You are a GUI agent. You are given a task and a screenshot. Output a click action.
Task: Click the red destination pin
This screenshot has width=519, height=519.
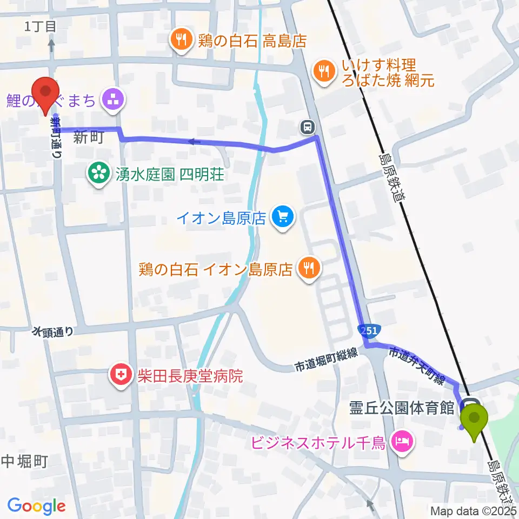[x=45, y=92]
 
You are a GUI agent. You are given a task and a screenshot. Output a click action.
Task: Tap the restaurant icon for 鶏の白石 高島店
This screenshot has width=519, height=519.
[x=180, y=40]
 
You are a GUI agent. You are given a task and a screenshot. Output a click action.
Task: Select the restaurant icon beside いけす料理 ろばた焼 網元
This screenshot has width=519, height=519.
[x=324, y=72]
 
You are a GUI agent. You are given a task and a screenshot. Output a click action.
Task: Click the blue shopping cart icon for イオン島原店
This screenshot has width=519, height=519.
[x=283, y=218]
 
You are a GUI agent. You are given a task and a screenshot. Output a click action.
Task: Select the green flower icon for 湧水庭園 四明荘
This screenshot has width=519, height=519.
[x=99, y=174]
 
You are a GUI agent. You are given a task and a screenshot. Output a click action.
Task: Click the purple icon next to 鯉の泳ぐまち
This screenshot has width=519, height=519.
[x=114, y=100]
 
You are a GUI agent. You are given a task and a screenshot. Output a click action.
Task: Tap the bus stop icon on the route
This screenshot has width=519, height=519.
[x=308, y=127]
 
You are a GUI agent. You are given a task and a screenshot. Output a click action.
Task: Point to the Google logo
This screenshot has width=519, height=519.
[x=36, y=506]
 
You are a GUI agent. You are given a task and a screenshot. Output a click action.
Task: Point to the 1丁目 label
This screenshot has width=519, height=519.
[x=41, y=26]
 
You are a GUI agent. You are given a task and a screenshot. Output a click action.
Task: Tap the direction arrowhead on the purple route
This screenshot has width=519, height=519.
[x=191, y=142]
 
